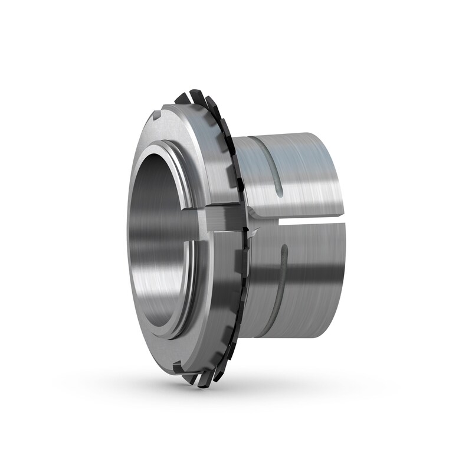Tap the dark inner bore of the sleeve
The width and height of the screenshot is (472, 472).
tap(162, 236)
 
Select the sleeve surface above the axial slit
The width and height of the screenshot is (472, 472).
tap(295, 177)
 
